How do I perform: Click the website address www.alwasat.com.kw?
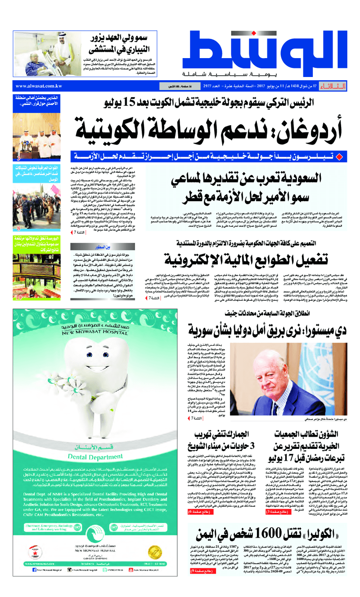[38, 86]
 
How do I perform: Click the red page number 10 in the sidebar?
[19, 298]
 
